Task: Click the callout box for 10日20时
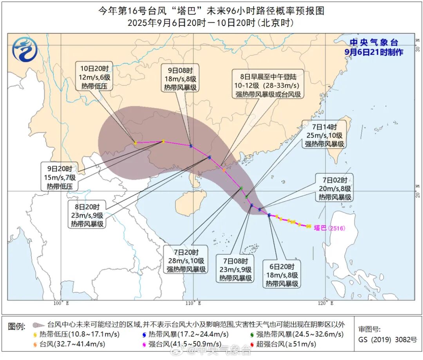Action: click(94, 76)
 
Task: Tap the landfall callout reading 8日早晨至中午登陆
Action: click(269, 83)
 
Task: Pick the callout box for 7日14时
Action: click(324, 134)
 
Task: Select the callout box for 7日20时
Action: click(186, 260)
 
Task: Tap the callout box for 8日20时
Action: click(87, 215)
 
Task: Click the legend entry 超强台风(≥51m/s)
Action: click(282, 344)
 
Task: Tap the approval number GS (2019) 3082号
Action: click(388, 339)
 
